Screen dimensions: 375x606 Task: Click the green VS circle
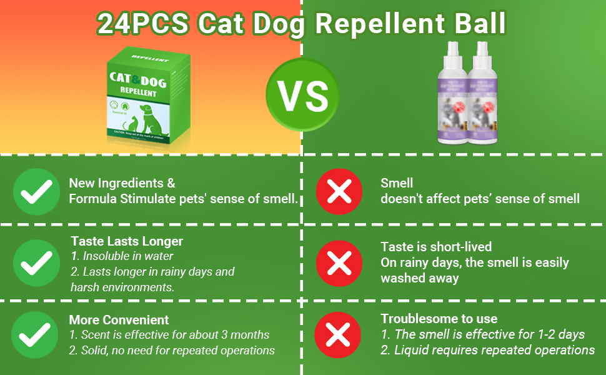(302, 94)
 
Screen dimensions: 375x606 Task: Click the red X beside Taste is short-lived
(339, 262)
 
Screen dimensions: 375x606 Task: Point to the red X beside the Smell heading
(339, 191)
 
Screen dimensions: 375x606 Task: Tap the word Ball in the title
(477, 24)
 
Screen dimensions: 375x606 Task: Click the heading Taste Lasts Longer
(127, 241)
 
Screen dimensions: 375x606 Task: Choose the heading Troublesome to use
(439, 319)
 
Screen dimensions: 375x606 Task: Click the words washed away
(420, 278)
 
